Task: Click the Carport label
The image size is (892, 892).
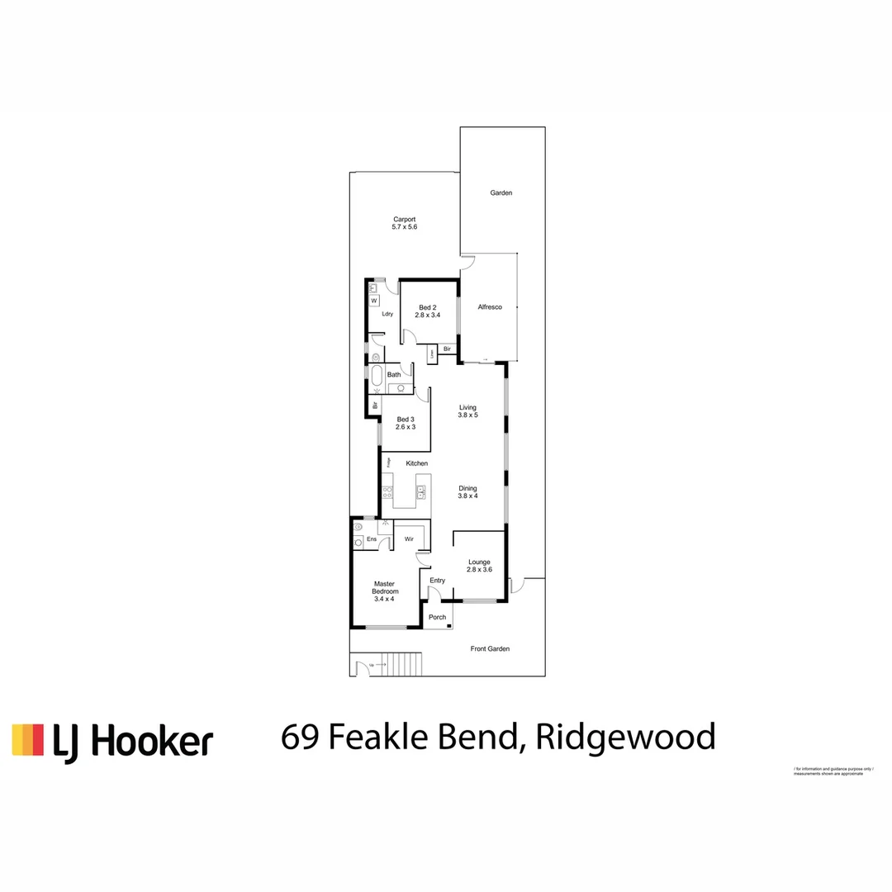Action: click(404, 219)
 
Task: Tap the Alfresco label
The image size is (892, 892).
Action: click(490, 307)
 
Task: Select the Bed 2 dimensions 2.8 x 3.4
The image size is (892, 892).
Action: click(427, 315)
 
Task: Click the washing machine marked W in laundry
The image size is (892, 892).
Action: click(373, 301)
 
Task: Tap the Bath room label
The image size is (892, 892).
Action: click(394, 375)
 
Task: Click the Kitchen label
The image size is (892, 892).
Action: click(417, 463)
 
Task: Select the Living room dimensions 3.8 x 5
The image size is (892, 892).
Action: click(468, 415)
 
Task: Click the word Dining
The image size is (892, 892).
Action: click(468, 488)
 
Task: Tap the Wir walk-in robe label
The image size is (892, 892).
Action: click(409, 539)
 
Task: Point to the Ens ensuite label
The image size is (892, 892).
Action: click(372, 539)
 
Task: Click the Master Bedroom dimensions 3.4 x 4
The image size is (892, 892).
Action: click(386, 599)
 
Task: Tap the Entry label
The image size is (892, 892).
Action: click(437, 581)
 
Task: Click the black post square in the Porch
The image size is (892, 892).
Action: click(448, 626)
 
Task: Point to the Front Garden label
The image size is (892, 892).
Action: click(490, 649)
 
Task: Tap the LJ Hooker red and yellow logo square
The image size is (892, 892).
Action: click(27, 739)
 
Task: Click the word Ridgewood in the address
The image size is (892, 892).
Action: click(625, 736)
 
